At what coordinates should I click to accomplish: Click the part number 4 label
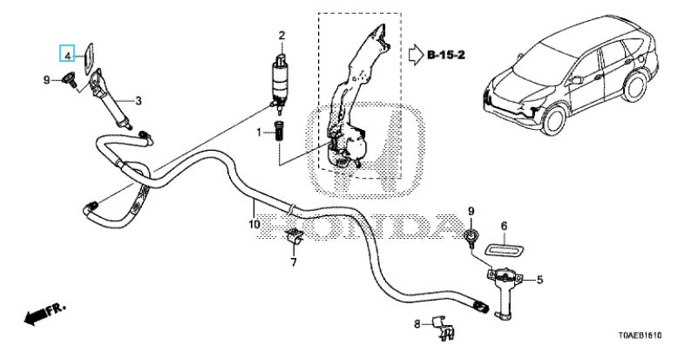67,56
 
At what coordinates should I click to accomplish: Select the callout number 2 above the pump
281,36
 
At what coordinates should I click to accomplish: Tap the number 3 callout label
138,101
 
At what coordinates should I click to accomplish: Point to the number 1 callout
259,132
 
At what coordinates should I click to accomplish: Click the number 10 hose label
254,225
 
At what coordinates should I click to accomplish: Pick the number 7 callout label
294,262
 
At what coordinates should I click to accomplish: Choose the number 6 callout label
505,226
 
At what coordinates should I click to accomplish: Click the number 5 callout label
539,280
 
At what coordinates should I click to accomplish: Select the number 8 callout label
417,323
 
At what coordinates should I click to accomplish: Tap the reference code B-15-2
446,55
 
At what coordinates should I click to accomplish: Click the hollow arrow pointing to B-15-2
416,55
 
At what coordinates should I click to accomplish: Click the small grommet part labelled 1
279,130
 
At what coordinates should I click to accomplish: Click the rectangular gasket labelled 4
89,58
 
